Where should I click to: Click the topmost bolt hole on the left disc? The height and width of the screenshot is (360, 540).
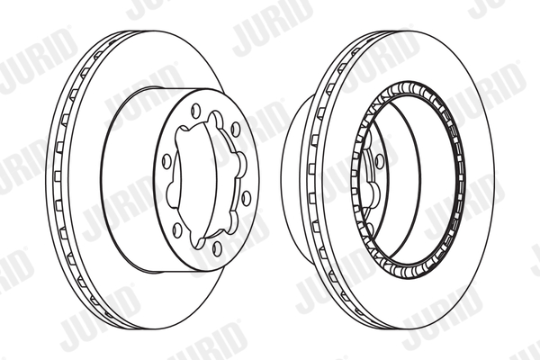pos(195,110)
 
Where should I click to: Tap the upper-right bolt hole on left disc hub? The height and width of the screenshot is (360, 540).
pos(236,130)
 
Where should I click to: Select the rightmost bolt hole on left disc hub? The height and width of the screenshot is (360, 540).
pos(246,198)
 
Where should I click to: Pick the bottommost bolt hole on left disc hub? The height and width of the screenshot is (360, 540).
pos(217,248)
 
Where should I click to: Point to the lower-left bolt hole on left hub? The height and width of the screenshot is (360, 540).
pos(177,230)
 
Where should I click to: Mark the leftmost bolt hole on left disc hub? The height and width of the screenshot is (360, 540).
pos(166,161)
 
